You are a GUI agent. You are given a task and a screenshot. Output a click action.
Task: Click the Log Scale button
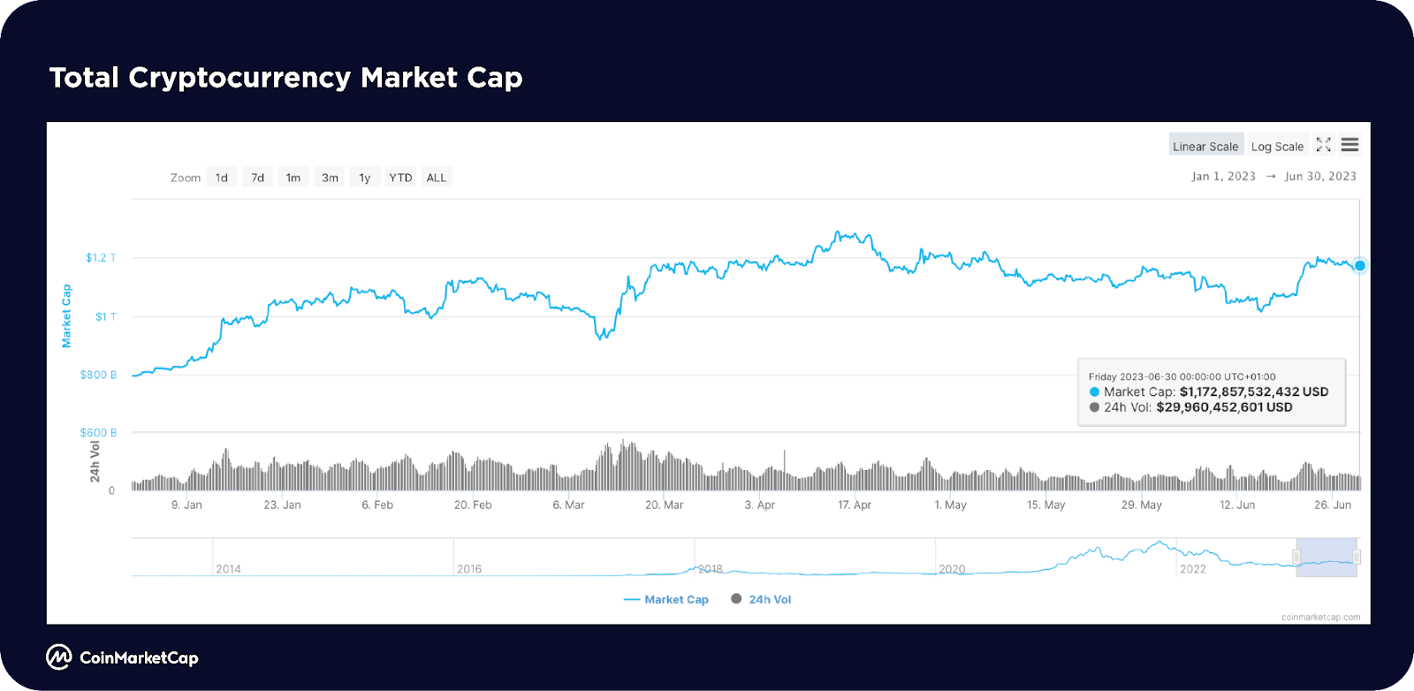1277,147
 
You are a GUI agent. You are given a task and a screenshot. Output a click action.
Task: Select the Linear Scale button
1205,147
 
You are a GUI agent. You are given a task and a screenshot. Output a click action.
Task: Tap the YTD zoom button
400,178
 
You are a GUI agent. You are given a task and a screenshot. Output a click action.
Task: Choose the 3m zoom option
330,178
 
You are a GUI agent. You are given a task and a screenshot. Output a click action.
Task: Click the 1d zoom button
222,178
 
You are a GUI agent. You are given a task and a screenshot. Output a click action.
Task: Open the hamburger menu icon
1349,145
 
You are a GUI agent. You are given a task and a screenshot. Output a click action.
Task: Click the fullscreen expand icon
1323,145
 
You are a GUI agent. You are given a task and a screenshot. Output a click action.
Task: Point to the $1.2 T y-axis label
101,258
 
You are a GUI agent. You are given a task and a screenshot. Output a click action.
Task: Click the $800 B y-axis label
98,375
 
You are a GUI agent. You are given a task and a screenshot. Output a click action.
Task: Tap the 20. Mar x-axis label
664,505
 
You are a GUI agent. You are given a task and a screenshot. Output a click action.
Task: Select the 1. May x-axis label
950,505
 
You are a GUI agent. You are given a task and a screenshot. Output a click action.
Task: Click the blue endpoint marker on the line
1360,265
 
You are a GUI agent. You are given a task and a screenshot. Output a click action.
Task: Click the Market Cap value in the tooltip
1253,391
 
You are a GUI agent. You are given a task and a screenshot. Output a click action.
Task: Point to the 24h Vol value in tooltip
1224,407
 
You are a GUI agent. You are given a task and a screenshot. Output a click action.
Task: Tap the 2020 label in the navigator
952,569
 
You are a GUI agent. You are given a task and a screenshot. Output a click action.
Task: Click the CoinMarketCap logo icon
59,657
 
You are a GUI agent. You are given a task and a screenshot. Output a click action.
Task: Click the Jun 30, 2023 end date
1320,177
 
